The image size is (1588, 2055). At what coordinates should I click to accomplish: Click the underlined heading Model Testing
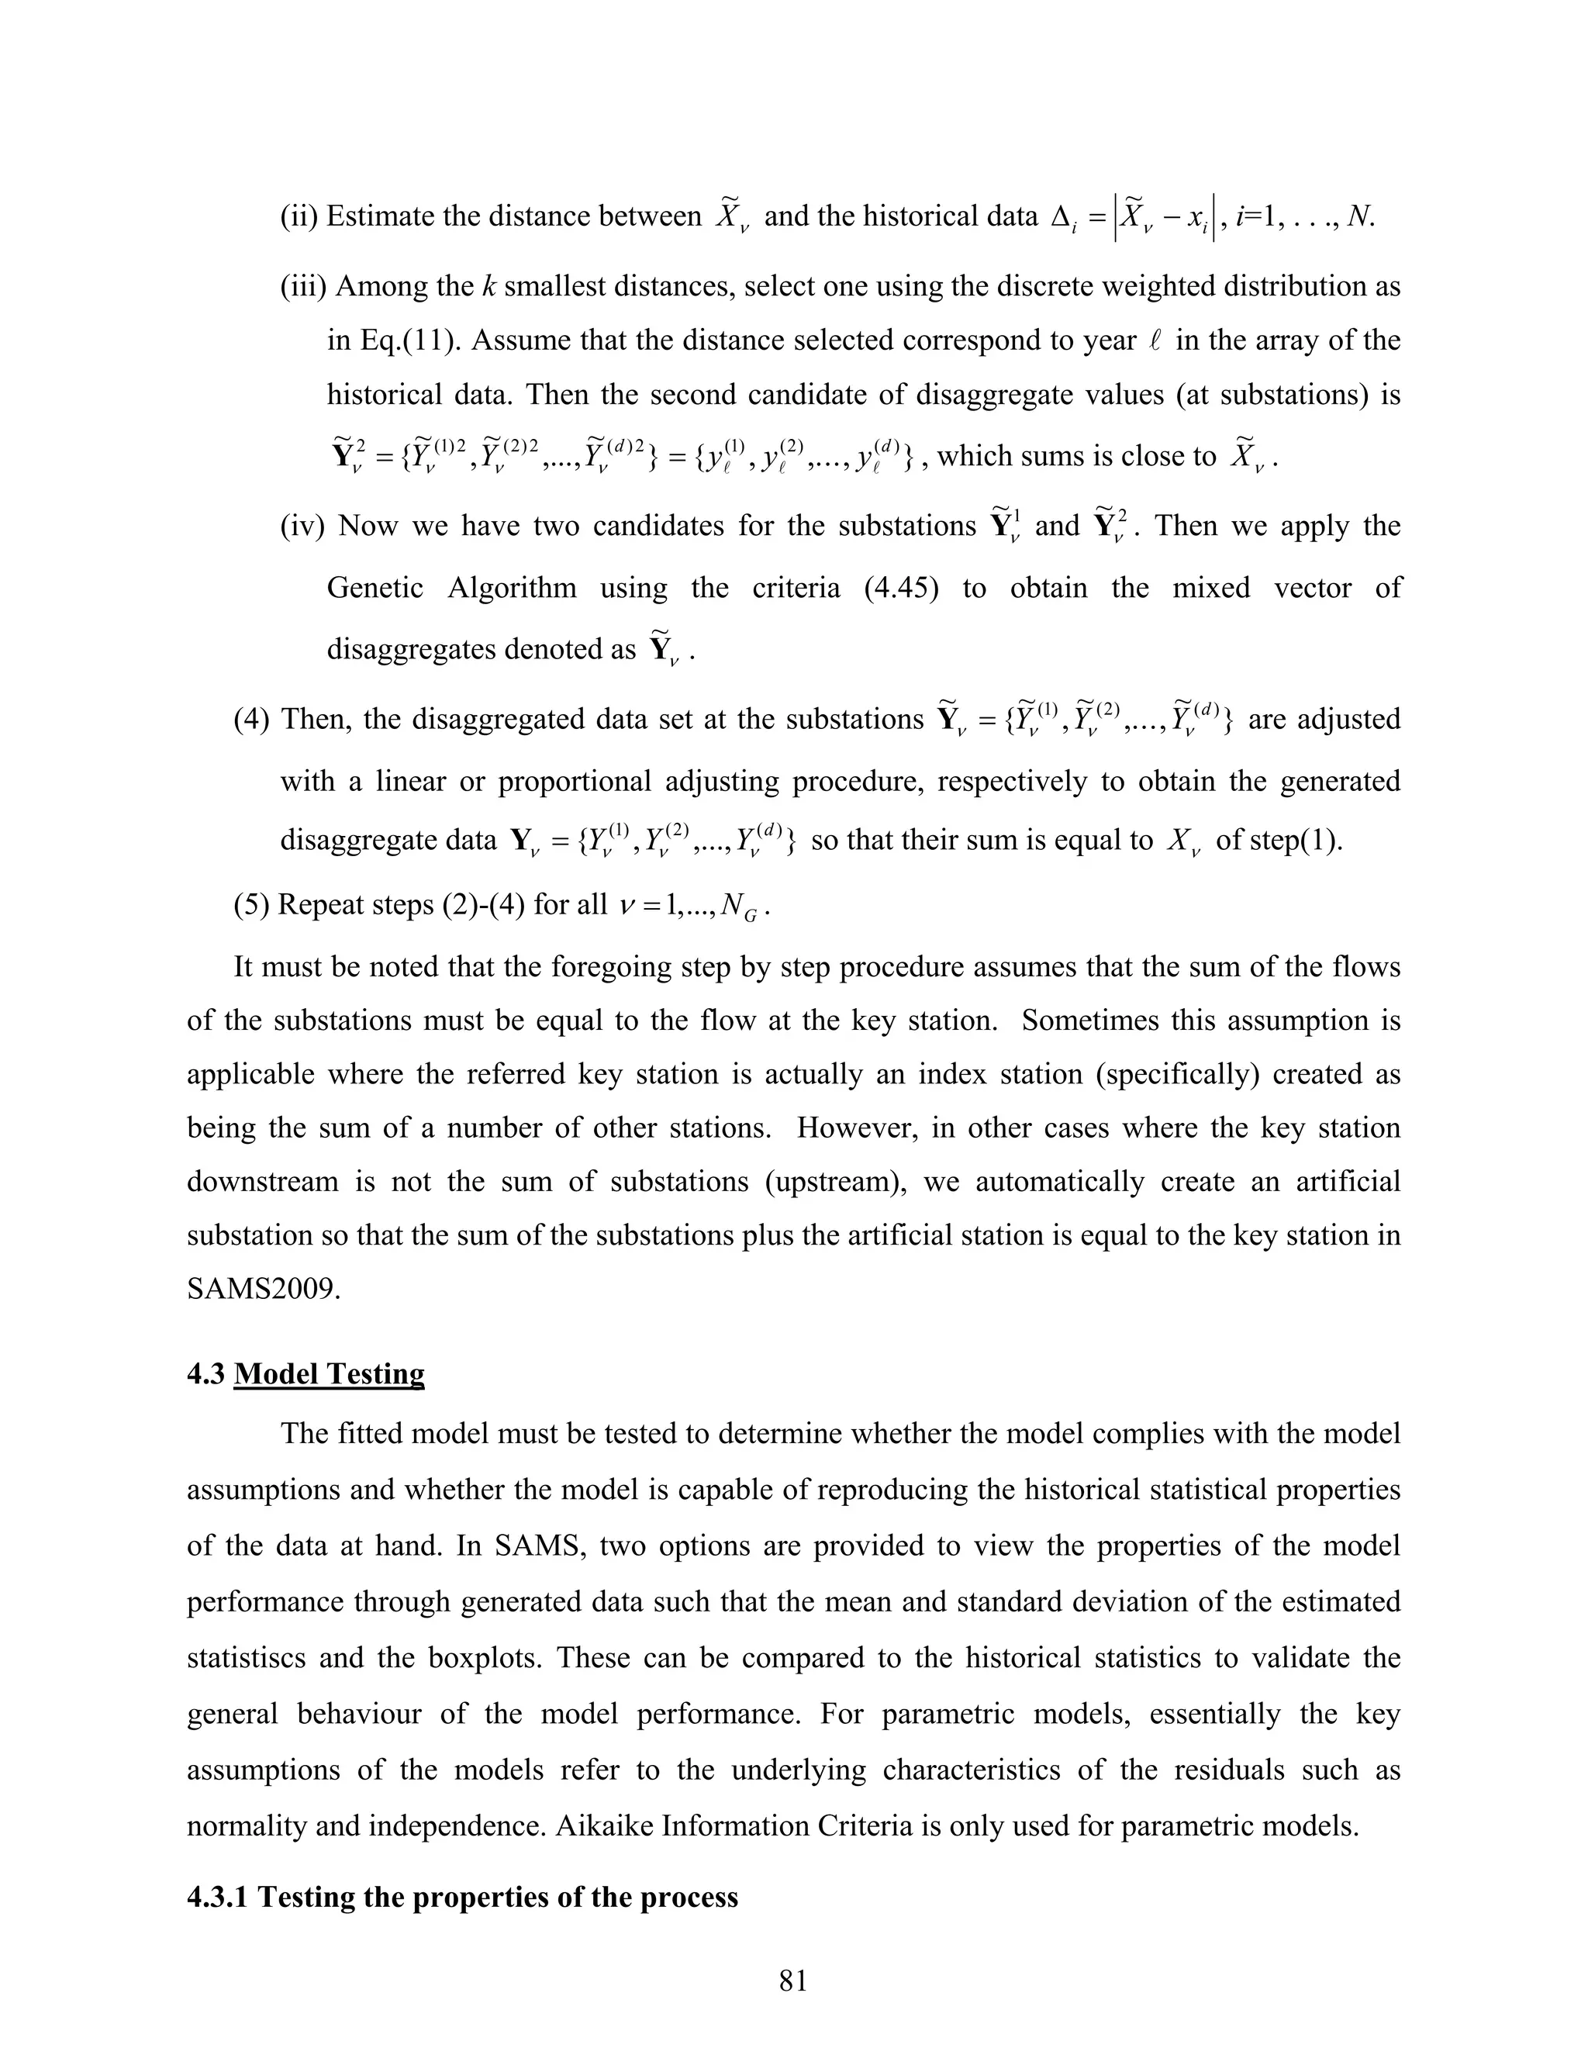[330, 1374]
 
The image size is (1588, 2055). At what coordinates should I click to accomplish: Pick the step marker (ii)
[299, 217]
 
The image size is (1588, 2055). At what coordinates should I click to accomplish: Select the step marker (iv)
[302, 526]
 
